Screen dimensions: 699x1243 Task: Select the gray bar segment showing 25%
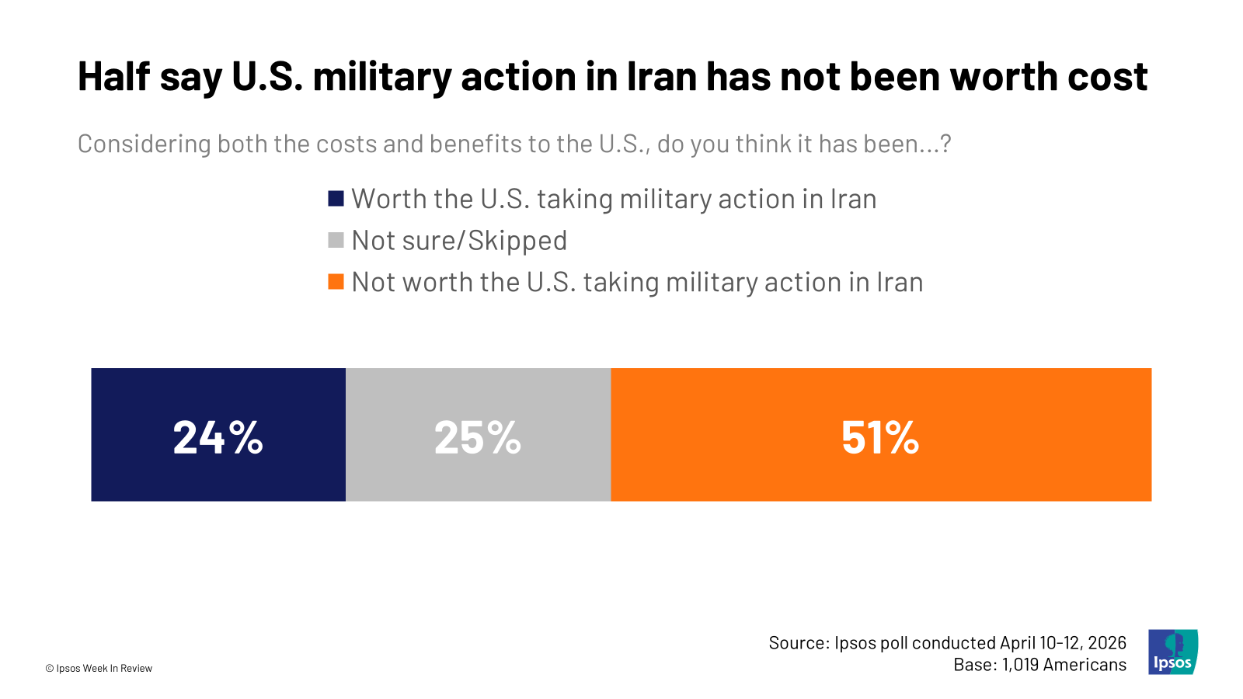tap(478, 474)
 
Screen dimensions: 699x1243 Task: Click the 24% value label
tap(218, 437)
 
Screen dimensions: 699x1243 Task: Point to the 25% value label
tap(478, 437)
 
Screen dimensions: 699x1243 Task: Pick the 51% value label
tap(880, 437)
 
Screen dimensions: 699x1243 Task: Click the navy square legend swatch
tap(336, 199)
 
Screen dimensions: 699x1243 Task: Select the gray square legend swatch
tap(336, 240)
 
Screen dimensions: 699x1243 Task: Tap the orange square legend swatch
tap(336, 281)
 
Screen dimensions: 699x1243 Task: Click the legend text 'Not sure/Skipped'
tap(459, 241)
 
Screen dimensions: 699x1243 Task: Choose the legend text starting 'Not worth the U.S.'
tap(637, 282)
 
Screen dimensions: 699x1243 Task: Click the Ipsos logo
tap(1173, 652)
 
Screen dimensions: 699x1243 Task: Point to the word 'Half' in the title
tap(113, 77)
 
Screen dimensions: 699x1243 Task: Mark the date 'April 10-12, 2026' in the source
tap(1063, 643)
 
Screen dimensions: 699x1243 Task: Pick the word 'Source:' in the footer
tap(799, 643)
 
